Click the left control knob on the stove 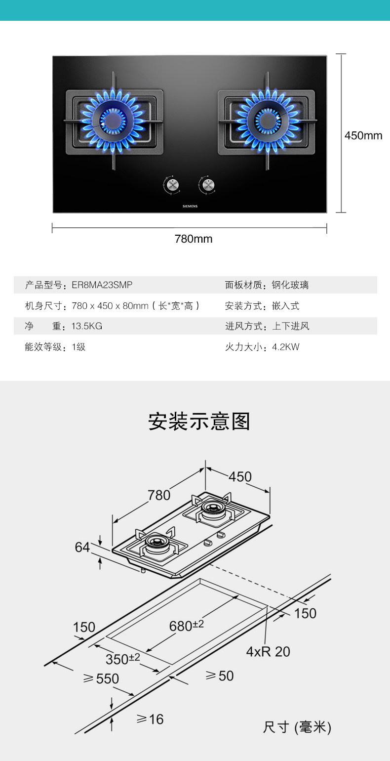(171, 185)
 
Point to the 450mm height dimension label (363, 135)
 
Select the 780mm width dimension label (194, 239)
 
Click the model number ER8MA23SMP (102, 285)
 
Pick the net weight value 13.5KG (87, 326)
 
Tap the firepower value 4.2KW (286, 347)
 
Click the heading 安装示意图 (199, 422)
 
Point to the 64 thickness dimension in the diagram (82, 547)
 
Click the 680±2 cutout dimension (187, 626)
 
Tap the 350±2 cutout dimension (123, 659)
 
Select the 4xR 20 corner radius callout (268, 651)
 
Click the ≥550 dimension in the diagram (101, 679)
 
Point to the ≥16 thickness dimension (150, 719)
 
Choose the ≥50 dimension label (220, 676)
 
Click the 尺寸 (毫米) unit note (297, 727)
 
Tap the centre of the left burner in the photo (113, 120)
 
